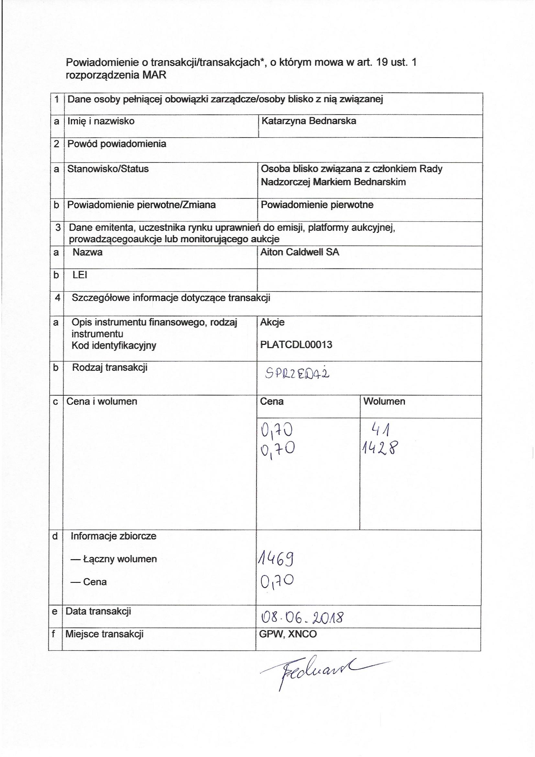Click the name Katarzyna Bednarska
point(308,121)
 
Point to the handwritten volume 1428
point(380,448)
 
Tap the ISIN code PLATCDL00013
point(296,345)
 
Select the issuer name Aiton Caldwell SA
point(299,253)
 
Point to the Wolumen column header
point(384,401)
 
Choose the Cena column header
point(272,401)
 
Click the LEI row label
point(80,275)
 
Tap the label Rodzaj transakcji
point(110,367)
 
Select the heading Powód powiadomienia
point(117,144)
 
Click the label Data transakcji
point(98,611)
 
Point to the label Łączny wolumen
point(120,559)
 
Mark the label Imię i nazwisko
point(101,121)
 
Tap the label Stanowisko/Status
point(108,169)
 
